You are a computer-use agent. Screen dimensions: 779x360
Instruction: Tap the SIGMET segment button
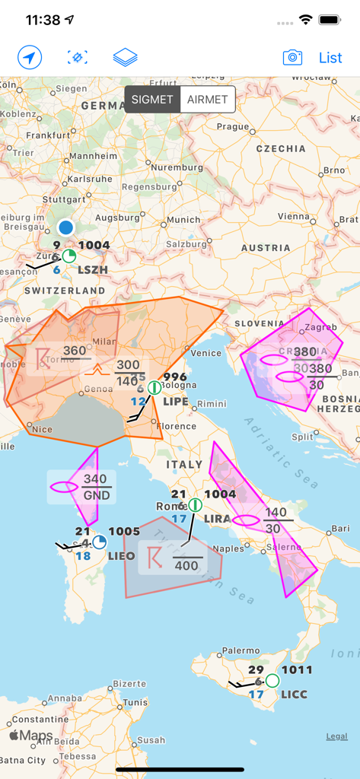pos(152,100)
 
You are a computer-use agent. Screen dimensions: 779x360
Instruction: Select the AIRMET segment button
pos(208,100)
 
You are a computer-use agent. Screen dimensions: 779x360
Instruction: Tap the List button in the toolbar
pos(330,58)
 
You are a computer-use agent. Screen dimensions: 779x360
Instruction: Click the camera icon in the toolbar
pos(292,58)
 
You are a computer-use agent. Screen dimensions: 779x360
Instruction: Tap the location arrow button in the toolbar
pos(30,58)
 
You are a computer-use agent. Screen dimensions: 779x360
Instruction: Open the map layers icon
pos(125,58)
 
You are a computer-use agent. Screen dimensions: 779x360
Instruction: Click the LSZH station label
pos(93,269)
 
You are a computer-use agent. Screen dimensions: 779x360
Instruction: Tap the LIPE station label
pos(176,401)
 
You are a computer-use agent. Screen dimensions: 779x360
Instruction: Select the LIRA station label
pos(218,518)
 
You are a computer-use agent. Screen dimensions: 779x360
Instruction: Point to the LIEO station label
pos(122,555)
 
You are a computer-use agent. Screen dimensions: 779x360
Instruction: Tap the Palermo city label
pos(241,650)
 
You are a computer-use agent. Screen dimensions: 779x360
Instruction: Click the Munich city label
pos(183,220)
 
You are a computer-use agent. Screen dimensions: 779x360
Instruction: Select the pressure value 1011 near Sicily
pos(297,670)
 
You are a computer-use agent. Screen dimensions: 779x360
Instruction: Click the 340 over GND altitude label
pos(95,486)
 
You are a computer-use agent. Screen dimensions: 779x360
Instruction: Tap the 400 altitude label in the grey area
pos(186,565)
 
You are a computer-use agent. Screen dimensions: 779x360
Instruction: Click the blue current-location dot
pos(66,227)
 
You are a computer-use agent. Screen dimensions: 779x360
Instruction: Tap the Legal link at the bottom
pos(336,736)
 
